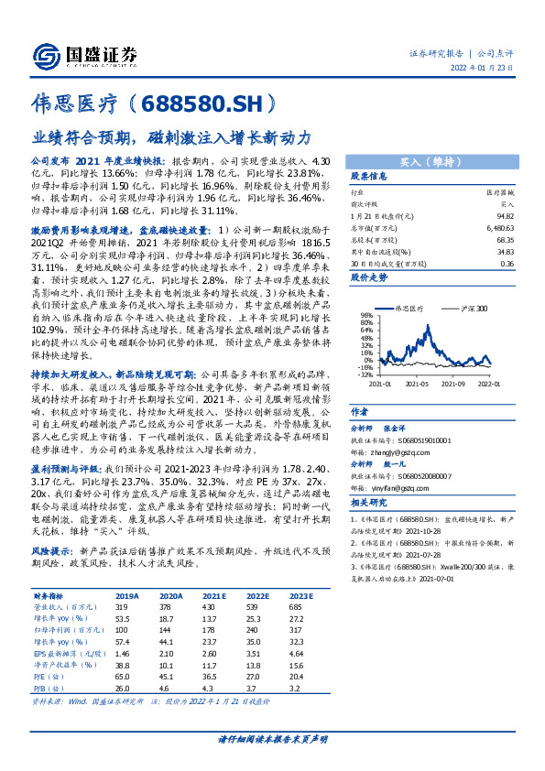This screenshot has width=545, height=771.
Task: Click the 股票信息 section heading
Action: [x=369, y=176]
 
